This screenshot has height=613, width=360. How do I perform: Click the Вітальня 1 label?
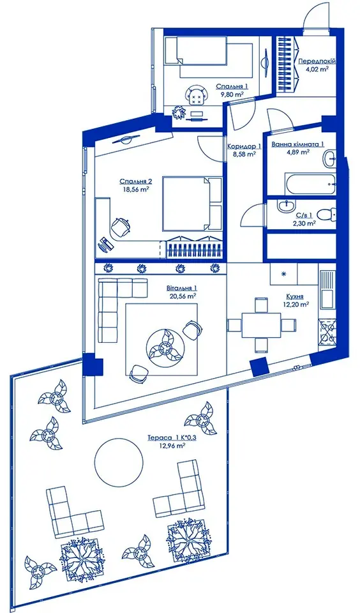click(x=181, y=289)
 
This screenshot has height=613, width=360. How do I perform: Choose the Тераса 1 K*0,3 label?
click(x=172, y=438)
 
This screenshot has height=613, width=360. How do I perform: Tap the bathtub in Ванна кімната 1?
click(x=310, y=183)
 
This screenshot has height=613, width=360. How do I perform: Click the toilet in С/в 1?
click(x=326, y=215)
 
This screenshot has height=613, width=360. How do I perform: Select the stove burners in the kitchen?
click(x=327, y=331)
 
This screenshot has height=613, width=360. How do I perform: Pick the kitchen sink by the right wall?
click(x=327, y=289)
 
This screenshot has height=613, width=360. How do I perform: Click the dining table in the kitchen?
click(x=261, y=325)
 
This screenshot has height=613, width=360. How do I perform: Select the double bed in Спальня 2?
click(x=192, y=203)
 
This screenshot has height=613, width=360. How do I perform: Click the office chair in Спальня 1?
click(x=196, y=95)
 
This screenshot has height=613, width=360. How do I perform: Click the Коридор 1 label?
click(x=244, y=147)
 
